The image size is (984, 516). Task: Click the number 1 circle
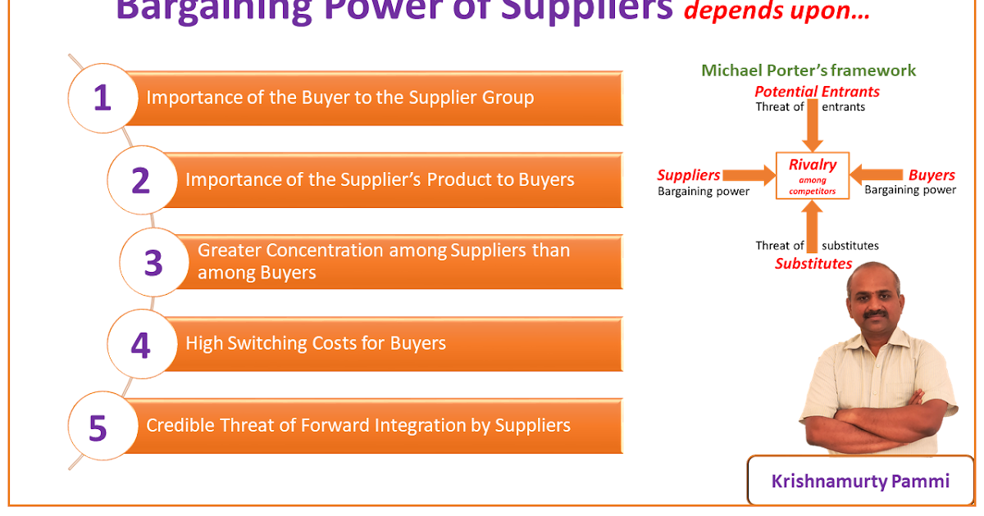pyautogui.click(x=102, y=98)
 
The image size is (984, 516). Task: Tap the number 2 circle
pyautogui.click(x=140, y=180)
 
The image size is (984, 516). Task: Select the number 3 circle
pyautogui.click(x=153, y=263)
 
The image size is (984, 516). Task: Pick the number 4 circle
pyautogui.click(x=140, y=344)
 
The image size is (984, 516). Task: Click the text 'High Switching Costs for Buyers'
pyautogui.click(x=316, y=343)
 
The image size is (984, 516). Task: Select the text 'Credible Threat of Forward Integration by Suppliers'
pyautogui.click(x=358, y=425)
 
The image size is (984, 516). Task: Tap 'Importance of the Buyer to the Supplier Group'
pyautogui.click(x=339, y=97)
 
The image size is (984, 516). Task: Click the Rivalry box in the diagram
pyautogui.click(x=813, y=175)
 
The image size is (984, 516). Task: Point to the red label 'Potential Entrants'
pyautogui.click(x=817, y=91)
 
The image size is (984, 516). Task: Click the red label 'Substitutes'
pyautogui.click(x=813, y=264)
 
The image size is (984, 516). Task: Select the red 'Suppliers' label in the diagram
pyautogui.click(x=689, y=174)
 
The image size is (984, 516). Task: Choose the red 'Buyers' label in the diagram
pyautogui.click(x=932, y=174)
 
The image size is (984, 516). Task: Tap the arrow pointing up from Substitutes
pyautogui.click(x=813, y=226)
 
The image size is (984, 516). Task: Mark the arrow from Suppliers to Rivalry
pyautogui.click(x=748, y=174)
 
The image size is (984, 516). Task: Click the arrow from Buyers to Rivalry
pyautogui.click(x=877, y=174)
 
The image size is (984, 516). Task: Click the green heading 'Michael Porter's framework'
pyautogui.click(x=809, y=70)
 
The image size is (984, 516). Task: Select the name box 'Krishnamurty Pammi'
pyautogui.click(x=860, y=481)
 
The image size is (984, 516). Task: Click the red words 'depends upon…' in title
pyautogui.click(x=777, y=11)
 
